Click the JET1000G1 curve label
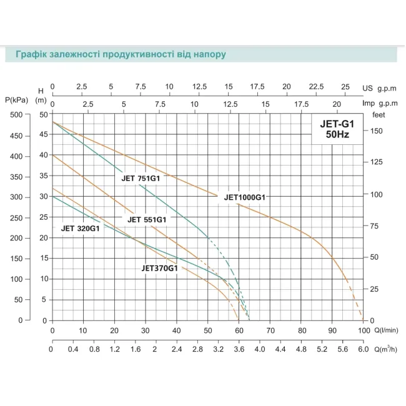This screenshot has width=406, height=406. click(245, 198)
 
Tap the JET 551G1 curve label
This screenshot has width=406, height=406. click(147, 219)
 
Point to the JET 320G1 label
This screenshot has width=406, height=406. click(81, 228)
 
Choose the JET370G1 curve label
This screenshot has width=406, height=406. click(161, 268)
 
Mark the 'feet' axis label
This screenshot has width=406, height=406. click(379, 115)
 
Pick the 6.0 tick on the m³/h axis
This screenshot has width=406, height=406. click(364, 350)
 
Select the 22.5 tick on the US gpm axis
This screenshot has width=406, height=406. click(316, 87)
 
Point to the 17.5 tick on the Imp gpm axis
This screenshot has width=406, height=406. click(302, 104)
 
